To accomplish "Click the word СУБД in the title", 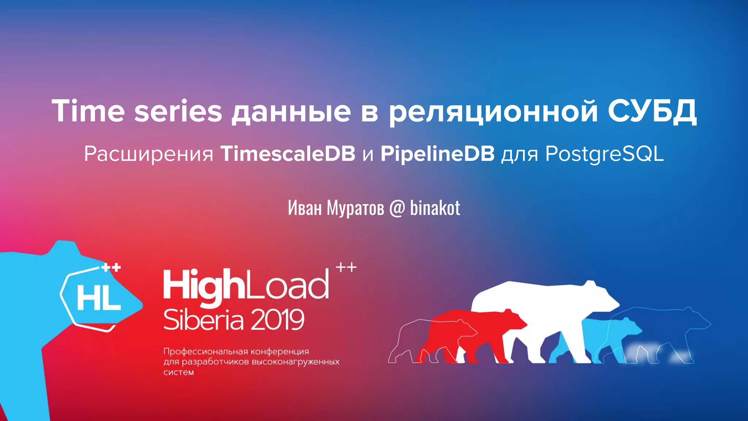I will tap(652, 111).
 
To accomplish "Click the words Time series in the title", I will tap(137, 111).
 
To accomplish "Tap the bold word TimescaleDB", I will tap(288, 153).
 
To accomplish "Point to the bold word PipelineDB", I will tap(438, 153).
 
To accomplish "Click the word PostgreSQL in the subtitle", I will tap(604, 154).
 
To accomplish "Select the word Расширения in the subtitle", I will tap(149, 154).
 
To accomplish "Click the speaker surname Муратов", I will tap(355, 208).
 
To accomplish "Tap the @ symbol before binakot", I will tap(397, 208).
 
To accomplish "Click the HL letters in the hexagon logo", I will tap(99, 297).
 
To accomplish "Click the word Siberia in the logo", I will tap(203, 320).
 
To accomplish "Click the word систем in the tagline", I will tap(179, 372).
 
